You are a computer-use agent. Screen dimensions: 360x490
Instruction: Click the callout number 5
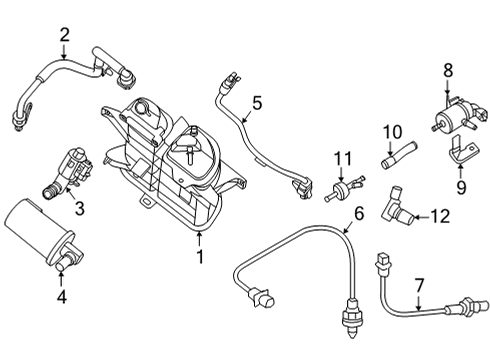click(256, 102)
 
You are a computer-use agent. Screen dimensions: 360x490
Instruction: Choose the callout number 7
click(419, 285)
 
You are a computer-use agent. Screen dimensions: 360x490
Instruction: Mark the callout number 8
click(448, 71)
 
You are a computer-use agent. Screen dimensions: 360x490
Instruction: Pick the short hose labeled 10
click(393, 156)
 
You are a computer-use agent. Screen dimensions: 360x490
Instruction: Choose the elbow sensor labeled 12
click(397, 211)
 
